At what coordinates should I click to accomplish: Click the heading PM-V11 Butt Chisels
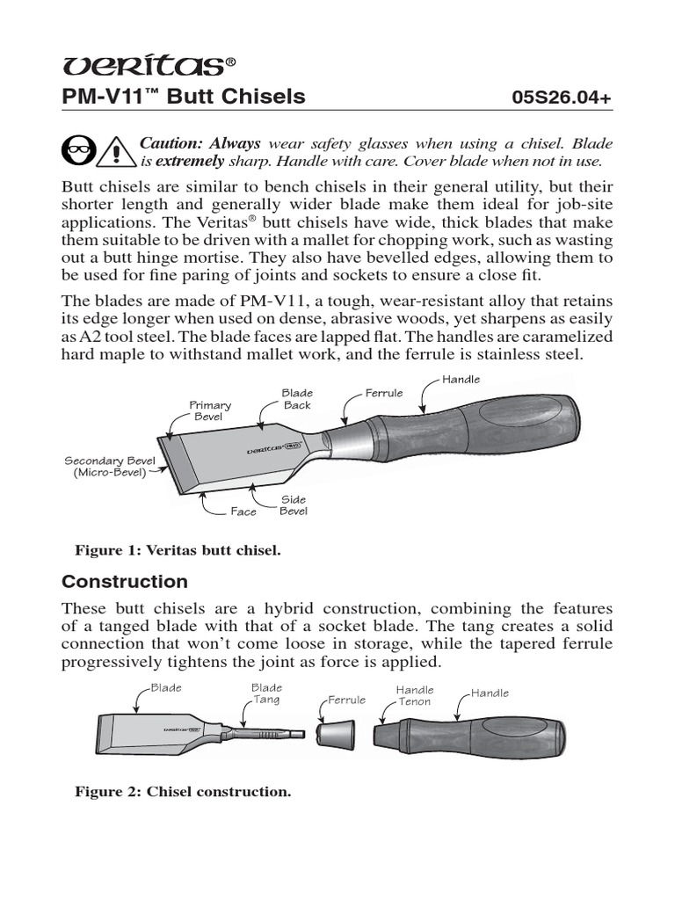click(x=183, y=97)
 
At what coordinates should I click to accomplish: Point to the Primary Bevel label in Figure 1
click(x=211, y=410)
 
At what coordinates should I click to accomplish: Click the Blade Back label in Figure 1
click(x=297, y=399)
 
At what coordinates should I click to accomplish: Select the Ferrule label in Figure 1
click(x=384, y=393)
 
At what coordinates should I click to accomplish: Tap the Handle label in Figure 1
click(x=461, y=379)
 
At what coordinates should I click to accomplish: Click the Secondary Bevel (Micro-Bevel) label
click(x=104, y=467)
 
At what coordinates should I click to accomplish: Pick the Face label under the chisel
click(x=243, y=512)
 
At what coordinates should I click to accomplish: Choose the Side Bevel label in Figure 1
click(x=293, y=505)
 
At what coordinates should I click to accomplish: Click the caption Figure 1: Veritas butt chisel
click(x=178, y=551)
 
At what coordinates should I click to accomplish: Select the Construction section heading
click(x=125, y=582)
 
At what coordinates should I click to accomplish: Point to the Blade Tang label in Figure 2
click(x=266, y=693)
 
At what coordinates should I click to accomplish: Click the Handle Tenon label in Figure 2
click(x=415, y=696)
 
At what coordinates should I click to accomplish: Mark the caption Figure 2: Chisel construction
click(x=183, y=792)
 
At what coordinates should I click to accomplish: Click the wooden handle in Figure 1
click(x=492, y=431)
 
